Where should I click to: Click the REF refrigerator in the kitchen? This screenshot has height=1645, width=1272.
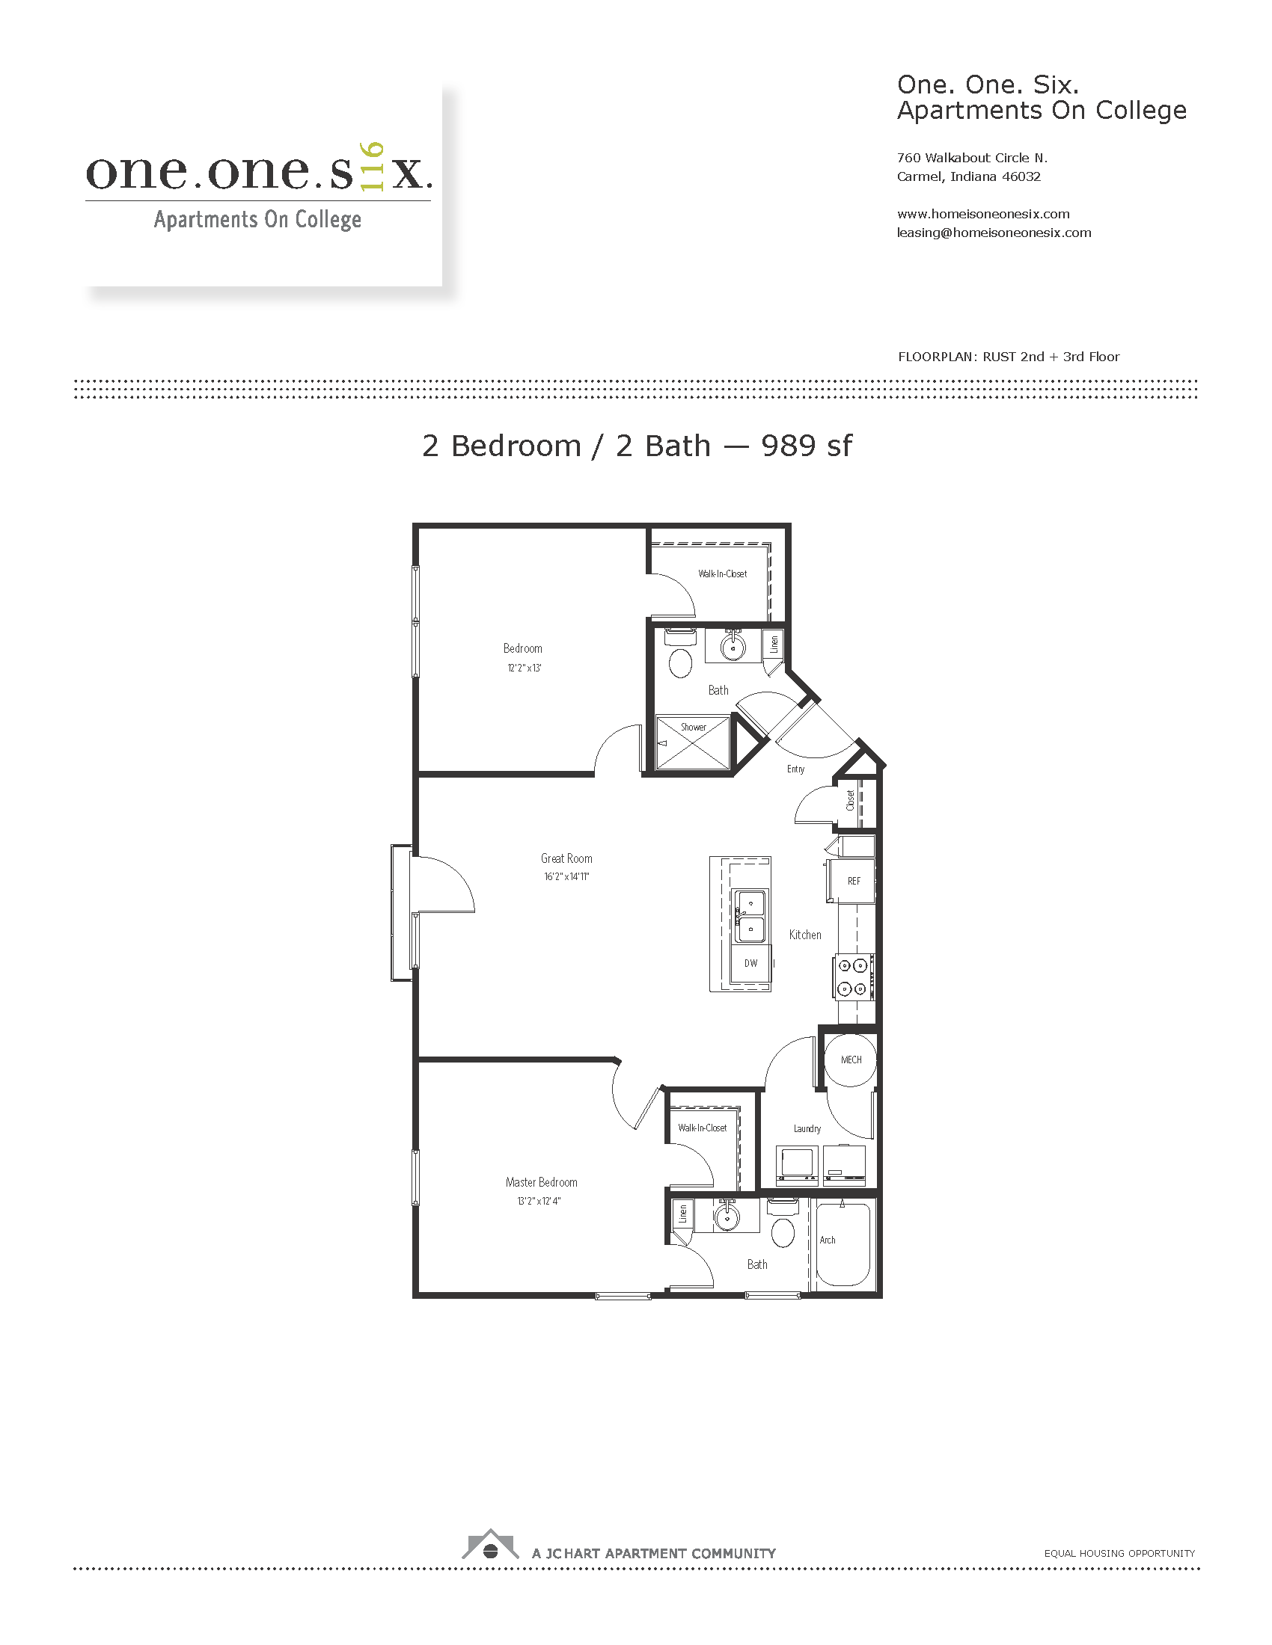click(x=851, y=881)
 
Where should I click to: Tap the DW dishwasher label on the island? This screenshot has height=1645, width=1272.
click(x=750, y=963)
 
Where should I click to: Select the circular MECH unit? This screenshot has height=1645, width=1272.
click(x=851, y=1060)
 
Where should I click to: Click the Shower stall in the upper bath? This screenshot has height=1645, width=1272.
click(x=694, y=743)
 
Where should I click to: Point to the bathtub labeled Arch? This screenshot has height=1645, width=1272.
click(x=843, y=1245)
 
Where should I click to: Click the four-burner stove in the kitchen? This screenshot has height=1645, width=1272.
click(x=854, y=977)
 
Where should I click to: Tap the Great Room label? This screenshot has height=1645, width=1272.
click(x=566, y=858)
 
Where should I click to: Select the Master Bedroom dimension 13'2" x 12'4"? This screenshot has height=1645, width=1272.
click(x=539, y=1202)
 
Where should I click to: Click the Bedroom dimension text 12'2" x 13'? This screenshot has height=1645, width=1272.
click(x=525, y=668)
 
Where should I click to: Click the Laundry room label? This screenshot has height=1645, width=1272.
click(x=807, y=1128)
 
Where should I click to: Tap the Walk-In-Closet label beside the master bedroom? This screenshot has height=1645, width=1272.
click(x=703, y=1128)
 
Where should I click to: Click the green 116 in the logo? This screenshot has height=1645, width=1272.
click(x=373, y=167)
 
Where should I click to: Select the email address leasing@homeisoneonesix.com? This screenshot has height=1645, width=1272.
click(x=994, y=233)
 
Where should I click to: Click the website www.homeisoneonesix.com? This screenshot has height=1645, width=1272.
click(x=983, y=214)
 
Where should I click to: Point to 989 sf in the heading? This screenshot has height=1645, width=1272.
click(x=807, y=446)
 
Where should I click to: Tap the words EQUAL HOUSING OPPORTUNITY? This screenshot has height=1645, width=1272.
click(x=1120, y=1553)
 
